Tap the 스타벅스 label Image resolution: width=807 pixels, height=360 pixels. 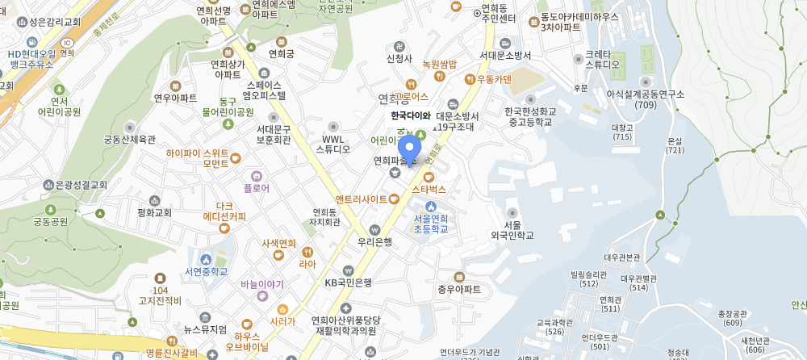pyautogui.click(x=429, y=189)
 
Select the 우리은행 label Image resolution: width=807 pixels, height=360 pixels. pyautogui.click(x=374, y=241)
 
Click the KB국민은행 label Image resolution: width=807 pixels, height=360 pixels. pyautogui.click(x=349, y=283)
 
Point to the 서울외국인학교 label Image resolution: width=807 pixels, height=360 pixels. pyautogui.click(x=512, y=230)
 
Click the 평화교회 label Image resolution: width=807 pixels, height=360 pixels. pyautogui.click(x=155, y=213)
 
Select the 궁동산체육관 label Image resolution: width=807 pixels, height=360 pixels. pyautogui.click(x=129, y=139)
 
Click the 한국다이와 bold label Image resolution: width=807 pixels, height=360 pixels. pyautogui.click(x=411, y=115)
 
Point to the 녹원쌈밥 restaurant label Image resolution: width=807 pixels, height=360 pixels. pyautogui.click(x=439, y=64)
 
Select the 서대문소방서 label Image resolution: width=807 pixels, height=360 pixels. pyautogui.click(x=505, y=56)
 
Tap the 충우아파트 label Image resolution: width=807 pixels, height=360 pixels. pyautogui.click(x=459, y=289)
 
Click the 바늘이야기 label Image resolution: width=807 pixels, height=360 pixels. pyautogui.click(x=262, y=284)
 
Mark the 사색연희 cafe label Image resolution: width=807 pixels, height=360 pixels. pyautogui.click(x=279, y=244)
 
